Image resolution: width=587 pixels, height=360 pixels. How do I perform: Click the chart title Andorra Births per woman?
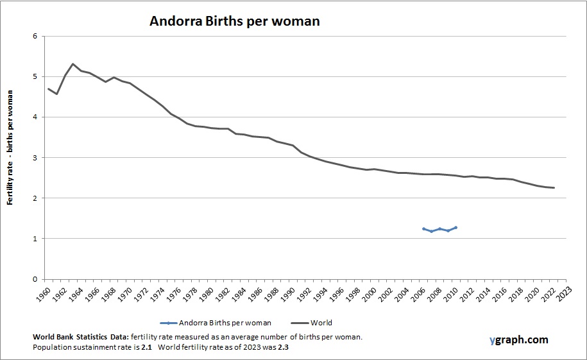click(234, 21)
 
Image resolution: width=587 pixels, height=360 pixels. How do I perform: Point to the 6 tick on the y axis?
click(35, 36)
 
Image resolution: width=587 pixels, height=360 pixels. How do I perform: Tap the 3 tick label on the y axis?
click(35, 158)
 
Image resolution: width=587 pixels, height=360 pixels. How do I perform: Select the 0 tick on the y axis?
click(35, 280)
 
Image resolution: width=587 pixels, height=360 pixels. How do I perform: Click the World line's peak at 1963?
click(73, 64)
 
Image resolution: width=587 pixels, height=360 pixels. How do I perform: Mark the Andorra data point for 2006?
click(423, 228)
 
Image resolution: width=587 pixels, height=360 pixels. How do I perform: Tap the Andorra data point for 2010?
click(456, 227)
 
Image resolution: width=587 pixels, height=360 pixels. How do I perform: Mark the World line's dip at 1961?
click(56, 94)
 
